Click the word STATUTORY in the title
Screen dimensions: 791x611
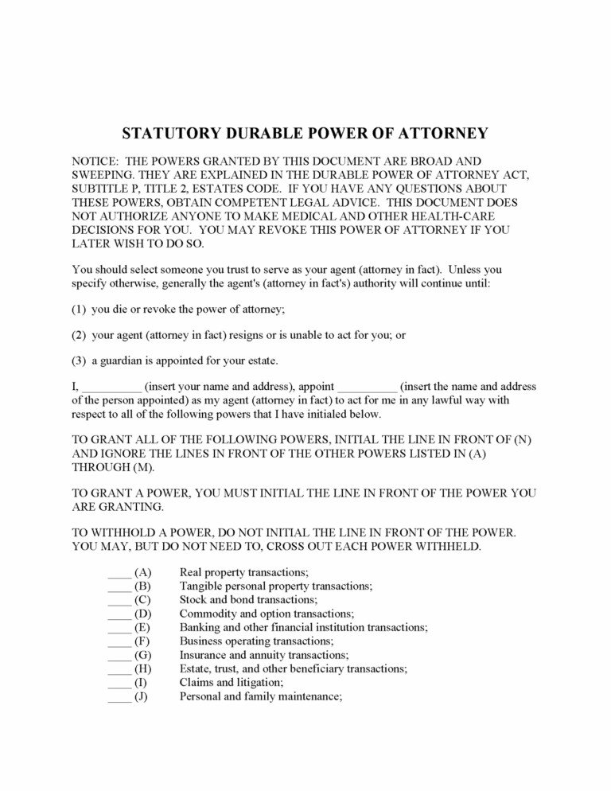[x=169, y=133]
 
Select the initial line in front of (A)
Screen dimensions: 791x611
[x=119, y=573]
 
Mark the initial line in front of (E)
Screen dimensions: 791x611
[x=119, y=628]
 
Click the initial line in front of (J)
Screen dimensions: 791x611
[x=119, y=697]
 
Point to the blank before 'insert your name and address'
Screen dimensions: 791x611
[x=111, y=388]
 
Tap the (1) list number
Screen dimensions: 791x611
[x=79, y=309]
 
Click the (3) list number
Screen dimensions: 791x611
[x=79, y=360]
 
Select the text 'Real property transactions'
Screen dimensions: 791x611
[x=243, y=572]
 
